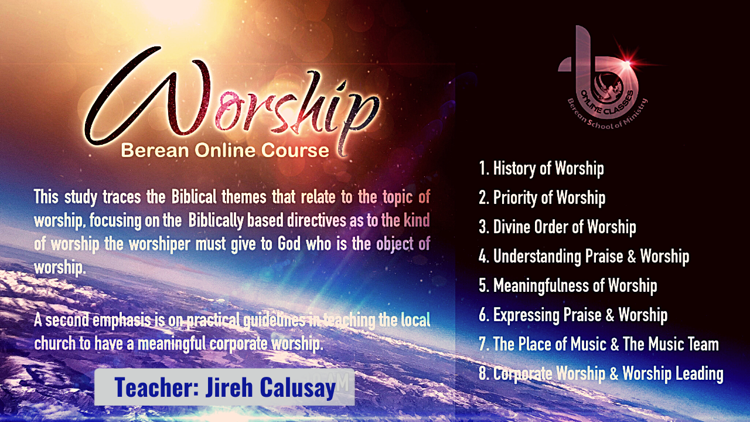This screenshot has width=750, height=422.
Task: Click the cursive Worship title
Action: click(x=231, y=100)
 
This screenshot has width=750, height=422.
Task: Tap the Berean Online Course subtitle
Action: click(x=225, y=151)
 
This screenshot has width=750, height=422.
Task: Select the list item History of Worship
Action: click(x=541, y=168)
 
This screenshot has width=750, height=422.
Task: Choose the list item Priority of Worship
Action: click(x=542, y=198)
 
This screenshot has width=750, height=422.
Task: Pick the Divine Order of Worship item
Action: click(x=557, y=227)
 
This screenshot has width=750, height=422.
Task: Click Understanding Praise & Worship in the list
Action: click(x=584, y=256)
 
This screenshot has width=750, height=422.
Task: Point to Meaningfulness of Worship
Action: click(x=568, y=285)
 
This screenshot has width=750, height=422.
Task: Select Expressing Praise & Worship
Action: click(x=573, y=315)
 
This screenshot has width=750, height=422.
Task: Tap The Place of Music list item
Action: click(x=599, y=344)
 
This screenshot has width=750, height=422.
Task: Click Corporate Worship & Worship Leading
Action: click(x=601, y=373)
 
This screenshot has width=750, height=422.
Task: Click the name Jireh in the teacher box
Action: click(x=229, y=387)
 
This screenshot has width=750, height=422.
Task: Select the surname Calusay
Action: click(x=298, y=388)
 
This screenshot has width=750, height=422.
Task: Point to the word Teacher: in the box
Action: click(x=156, y=387)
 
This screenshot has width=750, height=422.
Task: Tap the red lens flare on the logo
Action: click(x=627, y=63)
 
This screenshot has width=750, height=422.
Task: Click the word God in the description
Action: click(x=289, y=244)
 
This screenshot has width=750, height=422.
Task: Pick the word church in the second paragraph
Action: click(x=55, y=343)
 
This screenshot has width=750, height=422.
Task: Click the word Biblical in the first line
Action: click(x=194, y=196)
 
